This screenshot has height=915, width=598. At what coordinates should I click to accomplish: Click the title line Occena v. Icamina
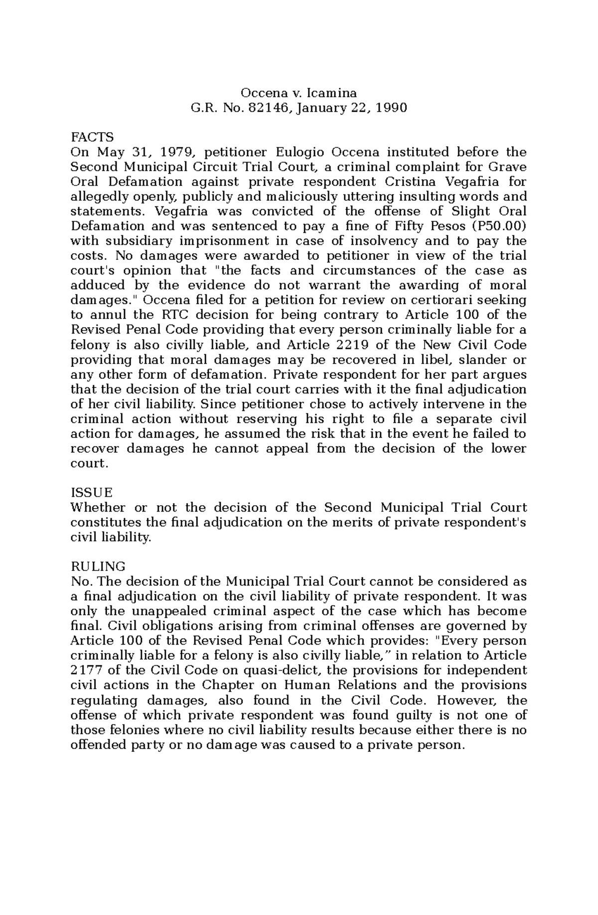tap(299, 93)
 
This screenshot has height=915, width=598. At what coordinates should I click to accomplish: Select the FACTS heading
tap(92, 137)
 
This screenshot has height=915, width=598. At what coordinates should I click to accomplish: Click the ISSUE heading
tap(92, 493)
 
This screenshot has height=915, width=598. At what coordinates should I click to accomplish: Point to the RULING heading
tap(98, 567)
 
